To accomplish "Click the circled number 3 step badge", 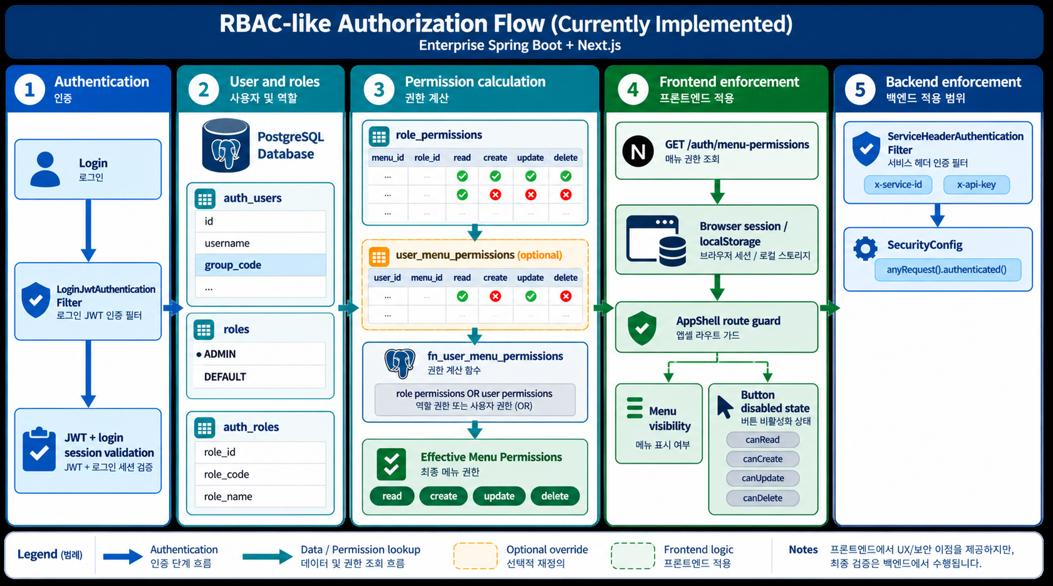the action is [x=379, y=90].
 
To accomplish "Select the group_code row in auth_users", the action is [x=261, y=264].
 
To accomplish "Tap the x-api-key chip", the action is [x=977, y=184].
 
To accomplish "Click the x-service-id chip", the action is [x=898, y=184].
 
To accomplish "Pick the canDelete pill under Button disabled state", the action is [x=762, y=498].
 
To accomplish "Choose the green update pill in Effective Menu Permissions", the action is [x=499, y=496].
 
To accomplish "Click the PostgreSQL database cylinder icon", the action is [x=226, y=145].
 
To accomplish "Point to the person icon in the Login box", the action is [x=45, y=169].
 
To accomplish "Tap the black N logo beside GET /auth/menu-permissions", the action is [x=638, y=152].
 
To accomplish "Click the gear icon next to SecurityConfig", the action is [x=866, y=248].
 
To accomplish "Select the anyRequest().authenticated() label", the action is [x=947, y=269].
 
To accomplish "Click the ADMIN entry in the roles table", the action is [x=219, y=353].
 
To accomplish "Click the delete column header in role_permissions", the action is [x=566, y=157].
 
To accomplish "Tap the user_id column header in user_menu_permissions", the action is [x=387, y=278].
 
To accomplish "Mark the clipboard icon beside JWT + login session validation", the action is [x=39, y=449].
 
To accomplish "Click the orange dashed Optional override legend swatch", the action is [x=475, y=556].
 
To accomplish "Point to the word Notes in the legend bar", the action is [x=803, y=549].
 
